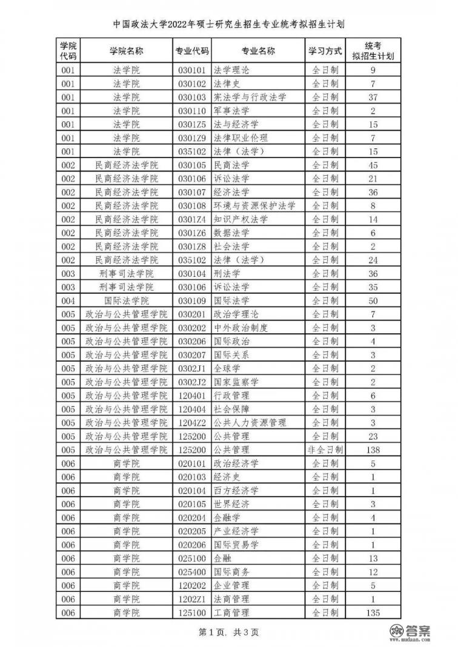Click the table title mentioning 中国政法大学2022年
pos(229,25)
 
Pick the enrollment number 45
pos(373,165)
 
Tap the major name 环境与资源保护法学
pos(255,205)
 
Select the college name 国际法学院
pos(127,300)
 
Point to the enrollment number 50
pos(373,300)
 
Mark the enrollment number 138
pos(373,450)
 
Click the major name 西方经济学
pos(236,491)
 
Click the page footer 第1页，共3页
pos(229,633)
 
